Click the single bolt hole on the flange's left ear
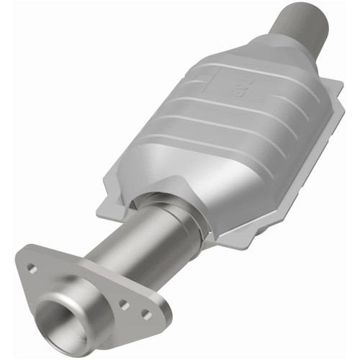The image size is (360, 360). (32, 268)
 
